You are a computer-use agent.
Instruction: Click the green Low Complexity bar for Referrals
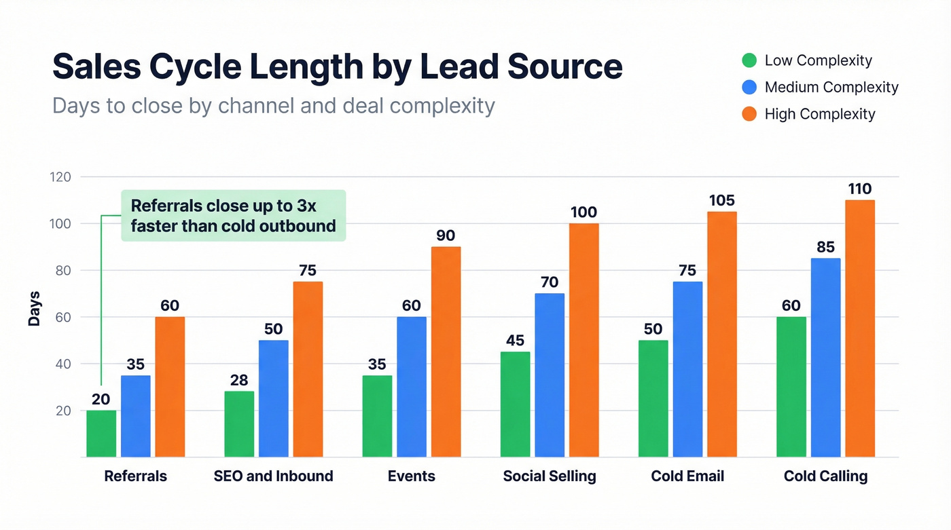(x=101, y=433)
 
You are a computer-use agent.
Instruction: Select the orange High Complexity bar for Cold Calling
(x=860, y=328)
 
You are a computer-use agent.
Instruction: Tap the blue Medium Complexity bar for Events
(x=412, y=387)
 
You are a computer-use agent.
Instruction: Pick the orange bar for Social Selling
(x=584, y=340)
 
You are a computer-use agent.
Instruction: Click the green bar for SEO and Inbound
(x=239, y=424)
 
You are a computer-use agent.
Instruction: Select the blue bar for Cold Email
(x=687, y=369)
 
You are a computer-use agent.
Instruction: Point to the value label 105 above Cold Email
(x=722, y=200)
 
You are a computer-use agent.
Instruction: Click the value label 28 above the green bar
(x=239, y=380)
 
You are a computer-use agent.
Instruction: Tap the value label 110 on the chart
(x=860, y=189)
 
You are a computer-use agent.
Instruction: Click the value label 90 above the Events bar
(x=446, y=235)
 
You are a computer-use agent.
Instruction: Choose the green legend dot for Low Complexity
(x=749, y=60)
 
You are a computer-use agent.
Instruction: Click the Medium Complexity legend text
(x=831, y=88)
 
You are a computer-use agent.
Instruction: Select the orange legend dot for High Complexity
(x=749, y=114)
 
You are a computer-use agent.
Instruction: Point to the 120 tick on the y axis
(x=61, y=177)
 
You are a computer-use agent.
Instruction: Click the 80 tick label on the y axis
(x=63, y=271)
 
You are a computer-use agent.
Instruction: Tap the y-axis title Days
(x=34, y=309)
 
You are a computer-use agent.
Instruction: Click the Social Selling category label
(x=550, y=476)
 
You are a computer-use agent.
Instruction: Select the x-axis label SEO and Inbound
(x=273, y=476)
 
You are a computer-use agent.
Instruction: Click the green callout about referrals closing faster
(x=233, y=216)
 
